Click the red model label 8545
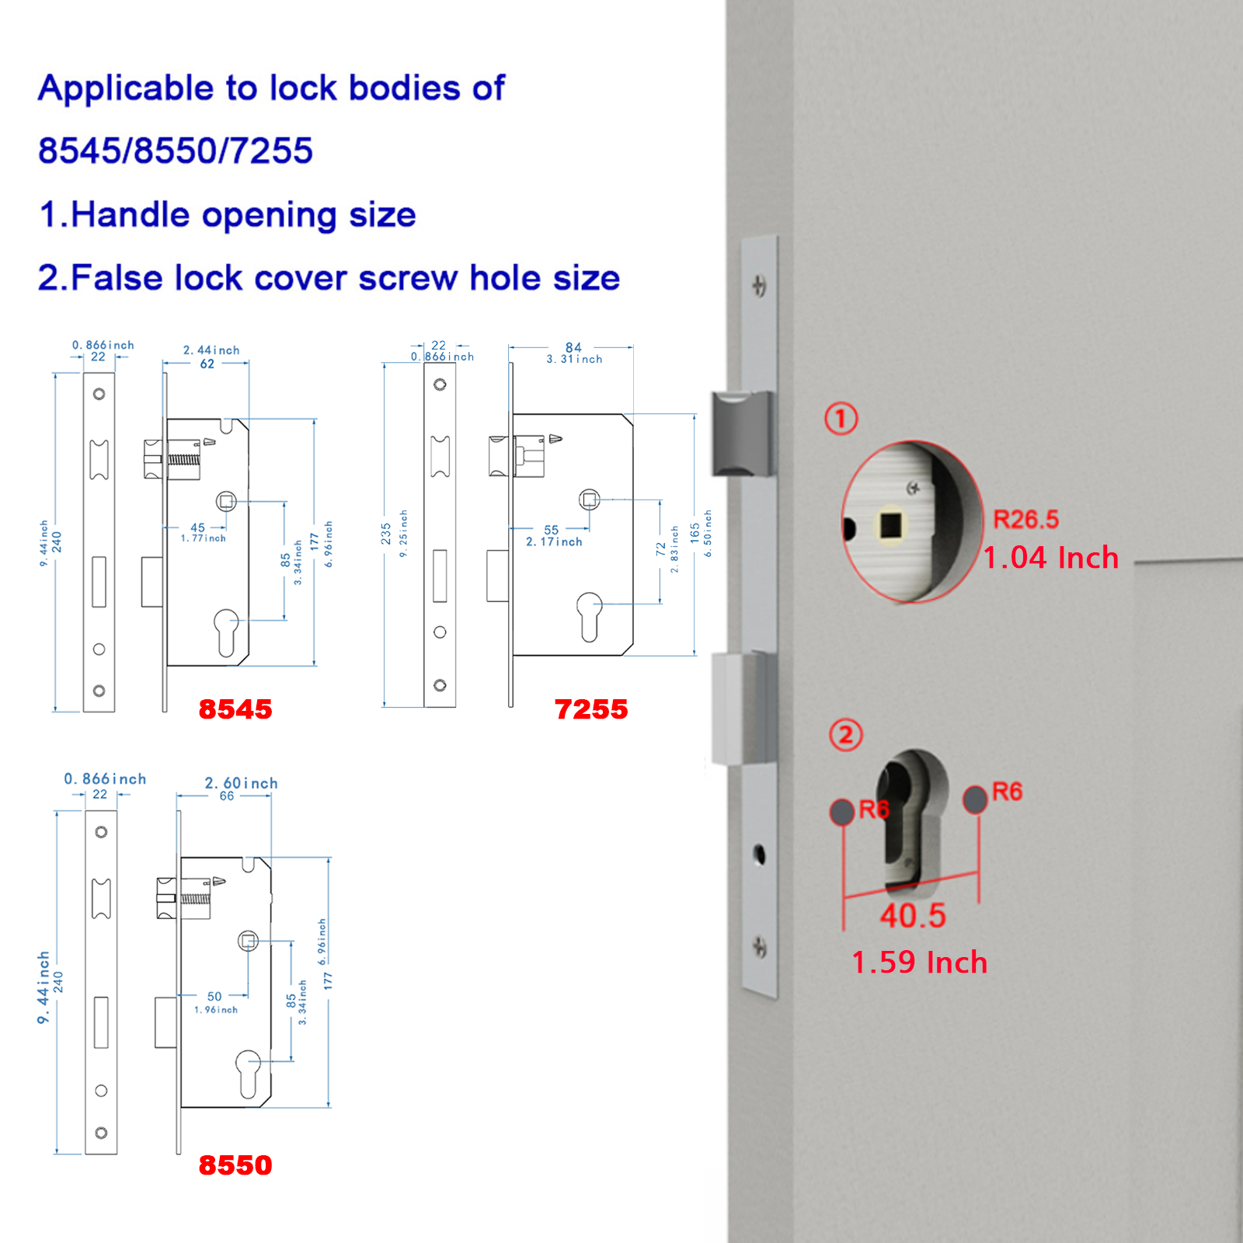click(x=235, y=709)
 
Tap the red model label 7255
click(x=591, y=709)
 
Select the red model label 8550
click(x=235, y=1165)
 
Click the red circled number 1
click(x=841, y=419)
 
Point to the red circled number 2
click(x=846, y=735)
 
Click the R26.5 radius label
click(x=1026, y=519)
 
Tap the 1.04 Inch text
click(x=1050, y=558)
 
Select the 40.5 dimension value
click(x=913, y=916)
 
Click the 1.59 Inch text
click(x=920, y=963)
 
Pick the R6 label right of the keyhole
click(x=1007, y=792)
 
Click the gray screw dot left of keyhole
click(x=842, y=812)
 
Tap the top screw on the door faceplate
click(x=759, y=286)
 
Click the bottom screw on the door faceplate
click(x=759, y=947)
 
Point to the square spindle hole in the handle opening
click(x=891, y=526)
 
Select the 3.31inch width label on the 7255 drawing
click(x=574, y=359)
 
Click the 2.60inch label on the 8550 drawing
click(x=241, y=783)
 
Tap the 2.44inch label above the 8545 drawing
click(x=211, y=350)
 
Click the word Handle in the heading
click(x=130, y=214)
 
